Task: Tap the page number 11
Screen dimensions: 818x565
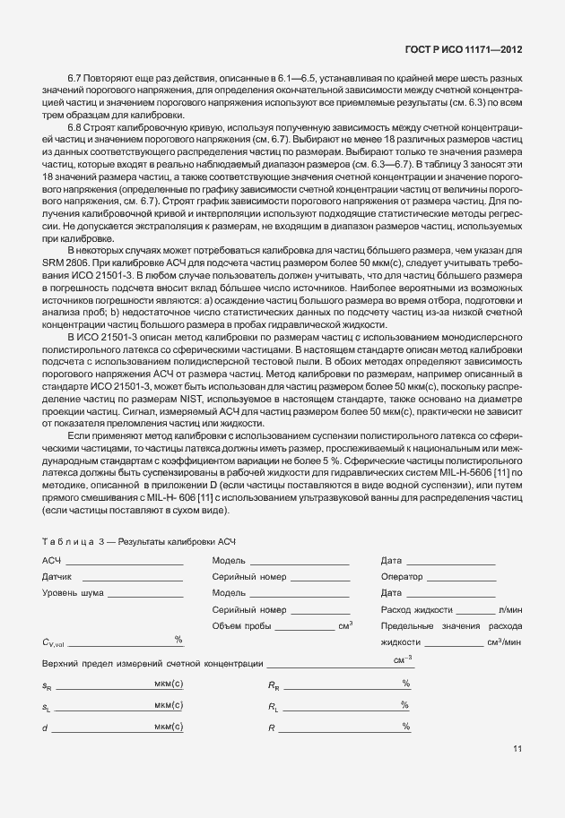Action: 517,748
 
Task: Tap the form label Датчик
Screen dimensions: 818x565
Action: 57,577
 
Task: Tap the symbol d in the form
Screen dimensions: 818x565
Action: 45,727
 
